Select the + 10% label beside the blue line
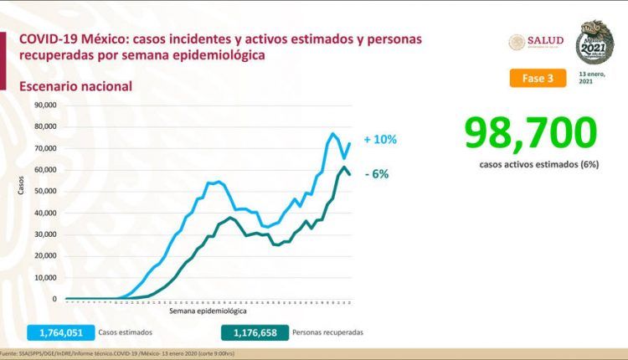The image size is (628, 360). (379, 140)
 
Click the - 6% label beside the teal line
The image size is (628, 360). (377, 173)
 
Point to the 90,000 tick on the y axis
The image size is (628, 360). (45, 105)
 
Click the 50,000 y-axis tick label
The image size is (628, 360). (45, 191)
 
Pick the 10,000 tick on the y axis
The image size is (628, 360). (45, 277)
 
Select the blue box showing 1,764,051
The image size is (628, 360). (61, 332)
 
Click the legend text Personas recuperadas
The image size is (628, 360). (328, 332)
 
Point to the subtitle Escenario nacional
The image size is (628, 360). (76, 85)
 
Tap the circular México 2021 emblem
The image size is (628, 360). (595, 42)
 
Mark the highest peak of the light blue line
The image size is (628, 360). (333, 133)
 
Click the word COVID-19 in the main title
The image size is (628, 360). (52, 39)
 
